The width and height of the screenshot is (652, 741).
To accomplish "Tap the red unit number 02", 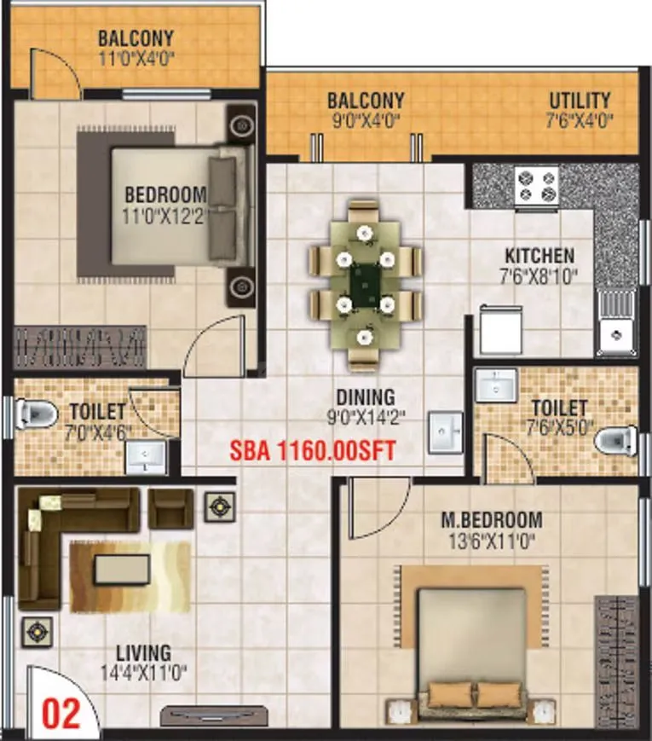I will [x=61, y=712].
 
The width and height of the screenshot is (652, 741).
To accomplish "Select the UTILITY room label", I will [x=580, y=100].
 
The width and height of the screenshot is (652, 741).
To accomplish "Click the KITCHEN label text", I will [x=539, y=256].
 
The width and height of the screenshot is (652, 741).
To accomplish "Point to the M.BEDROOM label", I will [x=491, y=519].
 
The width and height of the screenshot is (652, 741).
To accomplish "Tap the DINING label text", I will [x=365, y=397].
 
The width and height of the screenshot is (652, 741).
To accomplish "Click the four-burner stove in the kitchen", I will [x=535, y=184].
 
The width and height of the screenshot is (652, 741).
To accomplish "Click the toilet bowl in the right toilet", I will [x=616, y=441].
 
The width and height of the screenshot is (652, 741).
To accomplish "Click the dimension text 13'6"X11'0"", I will [x=491, y=540].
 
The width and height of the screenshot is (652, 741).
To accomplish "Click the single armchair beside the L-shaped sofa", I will [x=171, y=508].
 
